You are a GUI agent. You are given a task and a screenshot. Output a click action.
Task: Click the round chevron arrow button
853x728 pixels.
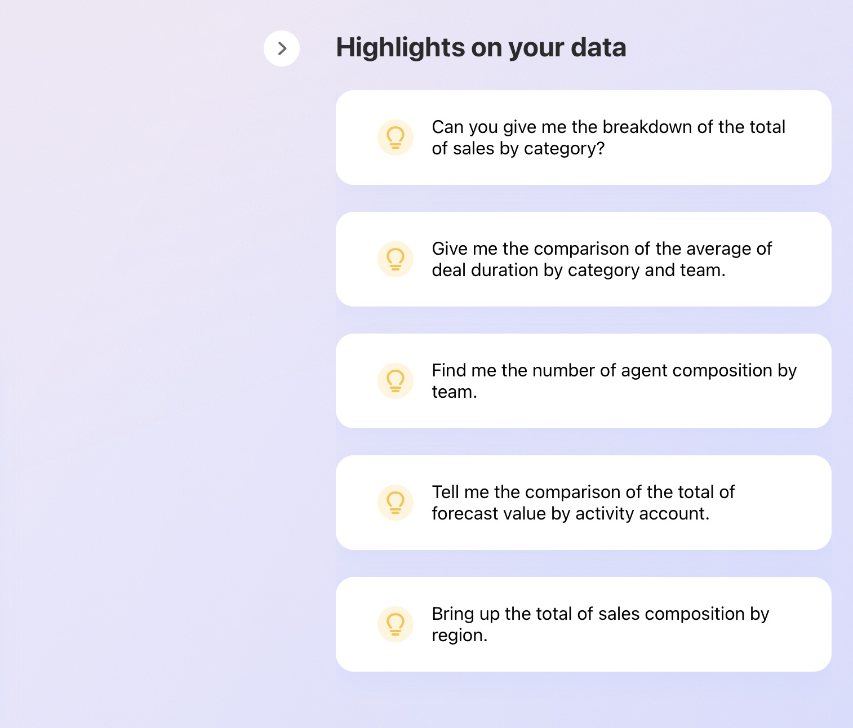point(282,48)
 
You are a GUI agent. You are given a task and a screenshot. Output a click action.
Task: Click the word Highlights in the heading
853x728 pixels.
point(400,48)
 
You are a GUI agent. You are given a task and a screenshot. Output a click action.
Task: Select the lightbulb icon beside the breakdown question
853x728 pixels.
point(396,137)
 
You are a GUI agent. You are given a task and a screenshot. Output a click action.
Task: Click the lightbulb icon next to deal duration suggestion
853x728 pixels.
point(396,259)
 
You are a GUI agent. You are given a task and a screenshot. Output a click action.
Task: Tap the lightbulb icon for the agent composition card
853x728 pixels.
point(396,381)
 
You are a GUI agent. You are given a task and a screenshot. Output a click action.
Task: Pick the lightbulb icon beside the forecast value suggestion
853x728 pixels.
point(396,503)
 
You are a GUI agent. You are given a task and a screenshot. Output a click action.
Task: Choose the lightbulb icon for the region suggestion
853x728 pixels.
point(396,624)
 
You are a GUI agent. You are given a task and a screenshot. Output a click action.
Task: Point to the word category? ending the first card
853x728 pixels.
point(564,149)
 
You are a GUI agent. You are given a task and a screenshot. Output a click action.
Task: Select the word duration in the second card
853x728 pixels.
point(505,270)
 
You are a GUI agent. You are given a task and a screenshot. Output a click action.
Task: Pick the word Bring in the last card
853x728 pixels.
point(453,614)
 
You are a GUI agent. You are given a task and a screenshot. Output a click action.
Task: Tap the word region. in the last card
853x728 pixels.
point(460,636)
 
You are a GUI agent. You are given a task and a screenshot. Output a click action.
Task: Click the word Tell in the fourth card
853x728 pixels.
point(446,492)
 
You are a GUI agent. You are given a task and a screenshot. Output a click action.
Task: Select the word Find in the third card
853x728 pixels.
point(449,370)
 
